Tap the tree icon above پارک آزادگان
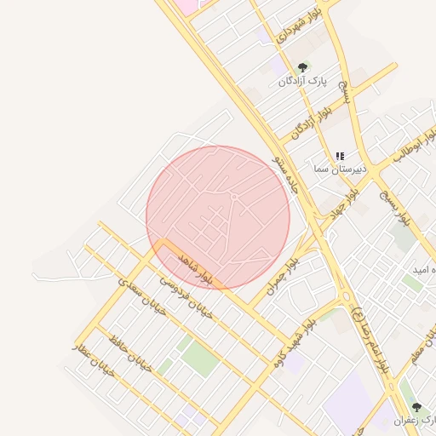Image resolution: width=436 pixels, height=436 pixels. pos(301,68)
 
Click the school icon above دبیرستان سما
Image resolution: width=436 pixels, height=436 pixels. pos(340,156)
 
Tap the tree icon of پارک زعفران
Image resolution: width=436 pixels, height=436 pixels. pos(416,407)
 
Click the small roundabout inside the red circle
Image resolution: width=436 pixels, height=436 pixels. pos(234,198)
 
